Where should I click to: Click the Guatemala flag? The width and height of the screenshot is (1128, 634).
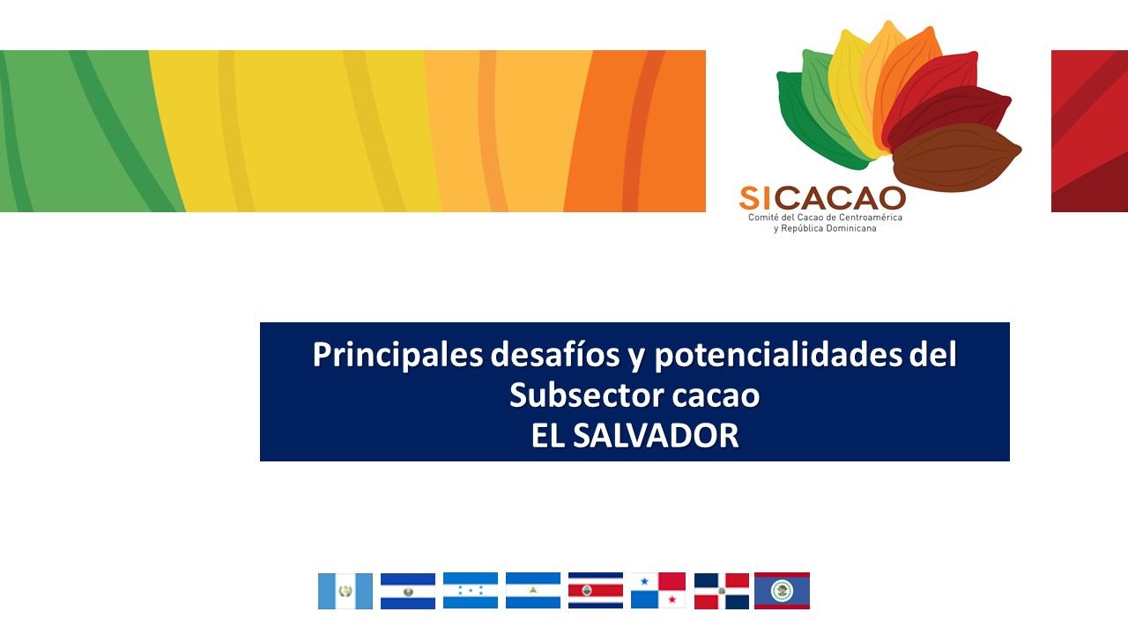coord(345,591)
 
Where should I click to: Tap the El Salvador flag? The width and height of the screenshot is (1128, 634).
coord(408,591)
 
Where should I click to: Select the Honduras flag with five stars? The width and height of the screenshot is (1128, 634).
coord(471,590)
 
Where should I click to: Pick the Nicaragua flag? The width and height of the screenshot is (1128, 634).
coord(533,590)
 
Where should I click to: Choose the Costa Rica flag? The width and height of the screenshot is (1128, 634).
coord(596,590)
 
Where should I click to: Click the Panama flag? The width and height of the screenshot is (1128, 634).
coord(658,590)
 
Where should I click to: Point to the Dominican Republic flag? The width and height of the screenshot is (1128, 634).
coord(722,591)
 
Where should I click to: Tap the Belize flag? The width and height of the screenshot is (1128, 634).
coord(782,591)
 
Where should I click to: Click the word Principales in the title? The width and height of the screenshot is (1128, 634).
coord(397,355)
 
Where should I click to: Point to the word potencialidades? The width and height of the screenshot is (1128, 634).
coord(778,355)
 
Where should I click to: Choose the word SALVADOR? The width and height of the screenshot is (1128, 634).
coord(656,436)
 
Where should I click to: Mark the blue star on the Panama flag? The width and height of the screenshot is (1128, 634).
coord(644,582)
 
